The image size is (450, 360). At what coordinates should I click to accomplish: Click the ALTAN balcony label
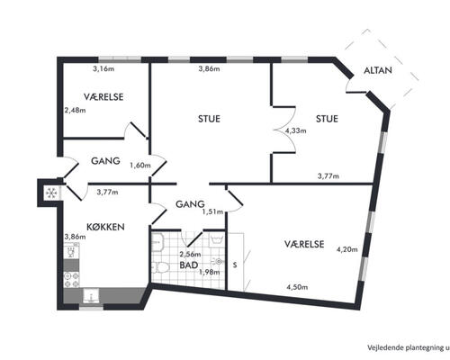(378, 70)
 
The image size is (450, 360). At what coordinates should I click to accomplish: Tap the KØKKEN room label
(105, 227)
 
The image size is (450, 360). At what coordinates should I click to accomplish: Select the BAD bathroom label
(189, 265)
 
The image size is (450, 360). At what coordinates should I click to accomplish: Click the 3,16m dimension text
(103, 69)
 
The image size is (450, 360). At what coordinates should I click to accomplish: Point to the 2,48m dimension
(75, 110)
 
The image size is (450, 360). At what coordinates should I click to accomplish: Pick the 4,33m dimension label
(295, 130)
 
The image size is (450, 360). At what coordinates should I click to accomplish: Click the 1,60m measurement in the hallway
(140, 165)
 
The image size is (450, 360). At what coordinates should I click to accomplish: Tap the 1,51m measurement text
(212, 211)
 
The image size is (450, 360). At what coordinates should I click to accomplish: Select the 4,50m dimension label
(297, 287)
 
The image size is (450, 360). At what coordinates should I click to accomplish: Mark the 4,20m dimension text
(346, 249)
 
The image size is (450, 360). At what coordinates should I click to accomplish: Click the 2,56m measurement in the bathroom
(190, 255)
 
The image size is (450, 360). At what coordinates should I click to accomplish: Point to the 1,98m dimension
(210, 273)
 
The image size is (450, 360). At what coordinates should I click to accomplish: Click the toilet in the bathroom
(160, 267)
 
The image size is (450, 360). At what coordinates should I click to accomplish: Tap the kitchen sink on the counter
(91, 295)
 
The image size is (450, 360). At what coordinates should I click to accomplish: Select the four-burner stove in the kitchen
(72, 279)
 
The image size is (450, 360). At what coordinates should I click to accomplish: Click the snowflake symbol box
(51, 193)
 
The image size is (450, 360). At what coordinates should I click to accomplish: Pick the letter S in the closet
(235, 265)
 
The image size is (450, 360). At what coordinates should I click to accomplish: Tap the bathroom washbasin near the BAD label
(218, 262)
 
